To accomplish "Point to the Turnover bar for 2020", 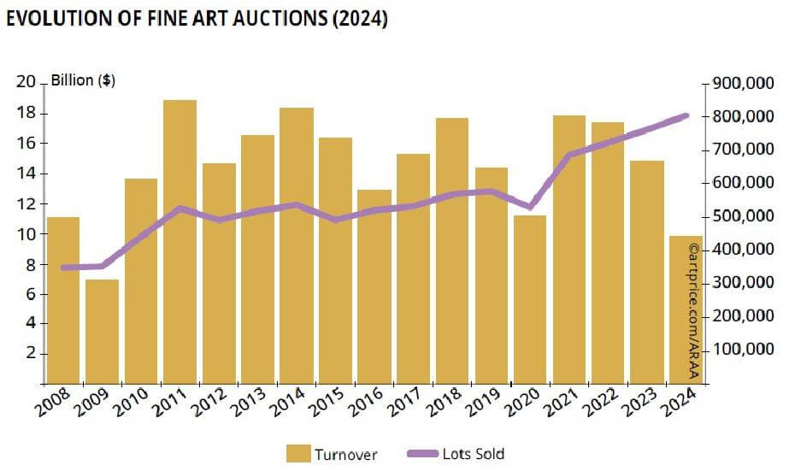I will pos(529,299).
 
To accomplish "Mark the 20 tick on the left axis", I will pos(26,82).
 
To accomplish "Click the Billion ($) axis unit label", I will pos(84,81).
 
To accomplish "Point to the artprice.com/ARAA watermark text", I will pos(692,312).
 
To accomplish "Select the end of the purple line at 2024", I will pos(685,115).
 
